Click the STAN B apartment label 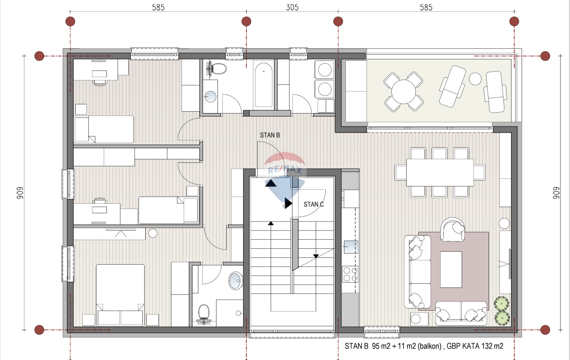click(x=270, y=135)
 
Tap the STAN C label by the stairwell click(x=314, y=204)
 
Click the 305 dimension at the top click(x=292, y=7)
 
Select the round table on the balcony click(x=403, y=91)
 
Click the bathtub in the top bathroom click(x=264, y=85)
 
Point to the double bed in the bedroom click(x=120, y=294)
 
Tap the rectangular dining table click(x=440, y=173)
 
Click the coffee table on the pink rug click(x=451, y=269)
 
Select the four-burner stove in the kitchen click(x=350, y=274)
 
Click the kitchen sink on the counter click(x=351, y=247)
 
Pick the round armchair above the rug click(x=453, y=229)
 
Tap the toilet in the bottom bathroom click(x=203, y=314)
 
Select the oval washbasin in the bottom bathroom click(x=236, y=281)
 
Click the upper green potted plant click(x=502, y=303)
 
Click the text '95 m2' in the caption click(x=381, y=346)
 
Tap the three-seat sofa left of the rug click(x=417, y=272)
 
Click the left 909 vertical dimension click(x=20, y=193)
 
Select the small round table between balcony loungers click(x=475, y=79)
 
